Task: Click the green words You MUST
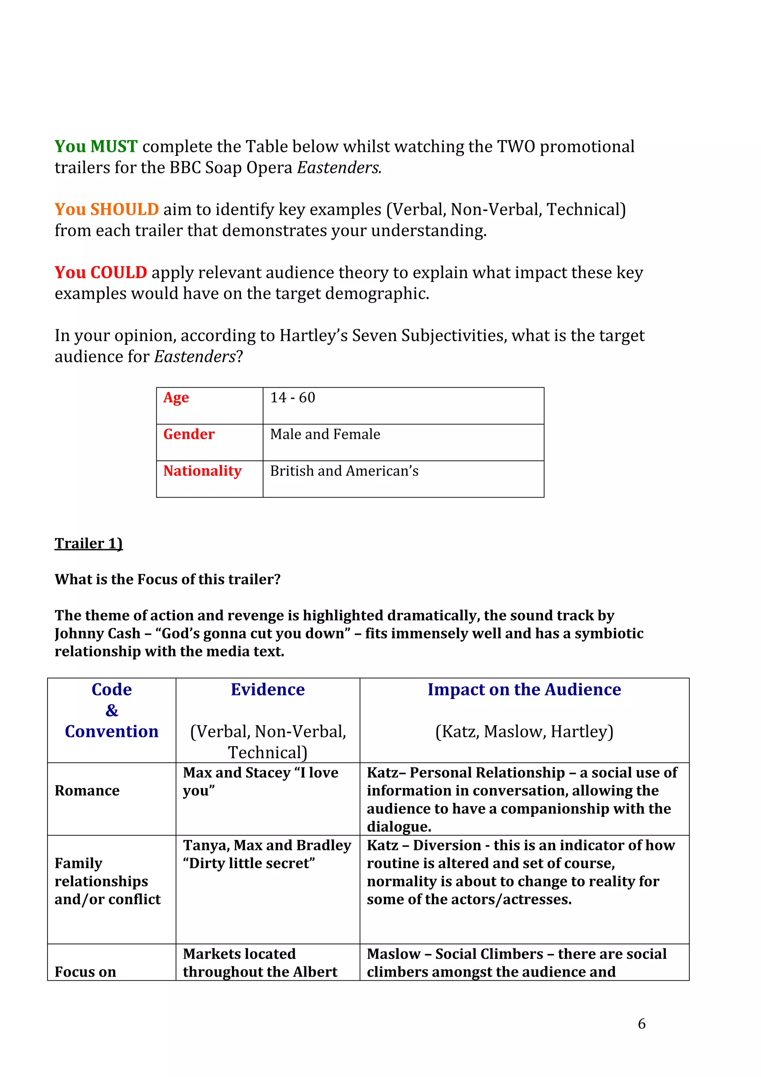[95, 146]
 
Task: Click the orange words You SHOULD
[106, 209]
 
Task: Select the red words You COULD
[100, 272]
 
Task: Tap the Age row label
[176, 398]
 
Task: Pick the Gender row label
[188, 434]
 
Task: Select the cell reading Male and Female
[325, 434]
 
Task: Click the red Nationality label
[202, 471]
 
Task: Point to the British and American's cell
[344, 471]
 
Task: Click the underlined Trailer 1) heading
[88, 543]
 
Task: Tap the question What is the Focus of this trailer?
[167, 579]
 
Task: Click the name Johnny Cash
[97, 634]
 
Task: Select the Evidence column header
[268, 689]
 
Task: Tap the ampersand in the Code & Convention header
[111, 711]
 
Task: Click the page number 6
[641, 1023]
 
